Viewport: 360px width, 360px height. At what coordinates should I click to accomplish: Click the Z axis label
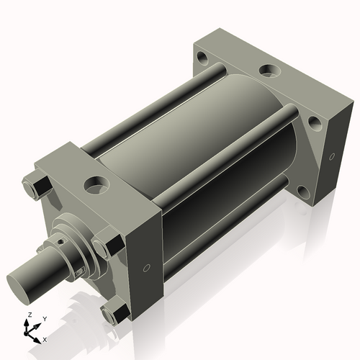[28, 315]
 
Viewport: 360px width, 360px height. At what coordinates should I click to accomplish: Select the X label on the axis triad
[45, 338]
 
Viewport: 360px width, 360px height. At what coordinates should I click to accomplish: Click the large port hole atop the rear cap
[269, 71]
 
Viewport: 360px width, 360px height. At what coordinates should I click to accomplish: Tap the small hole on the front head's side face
[147, 268]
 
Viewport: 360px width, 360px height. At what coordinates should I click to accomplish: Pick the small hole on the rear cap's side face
[332, 156]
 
